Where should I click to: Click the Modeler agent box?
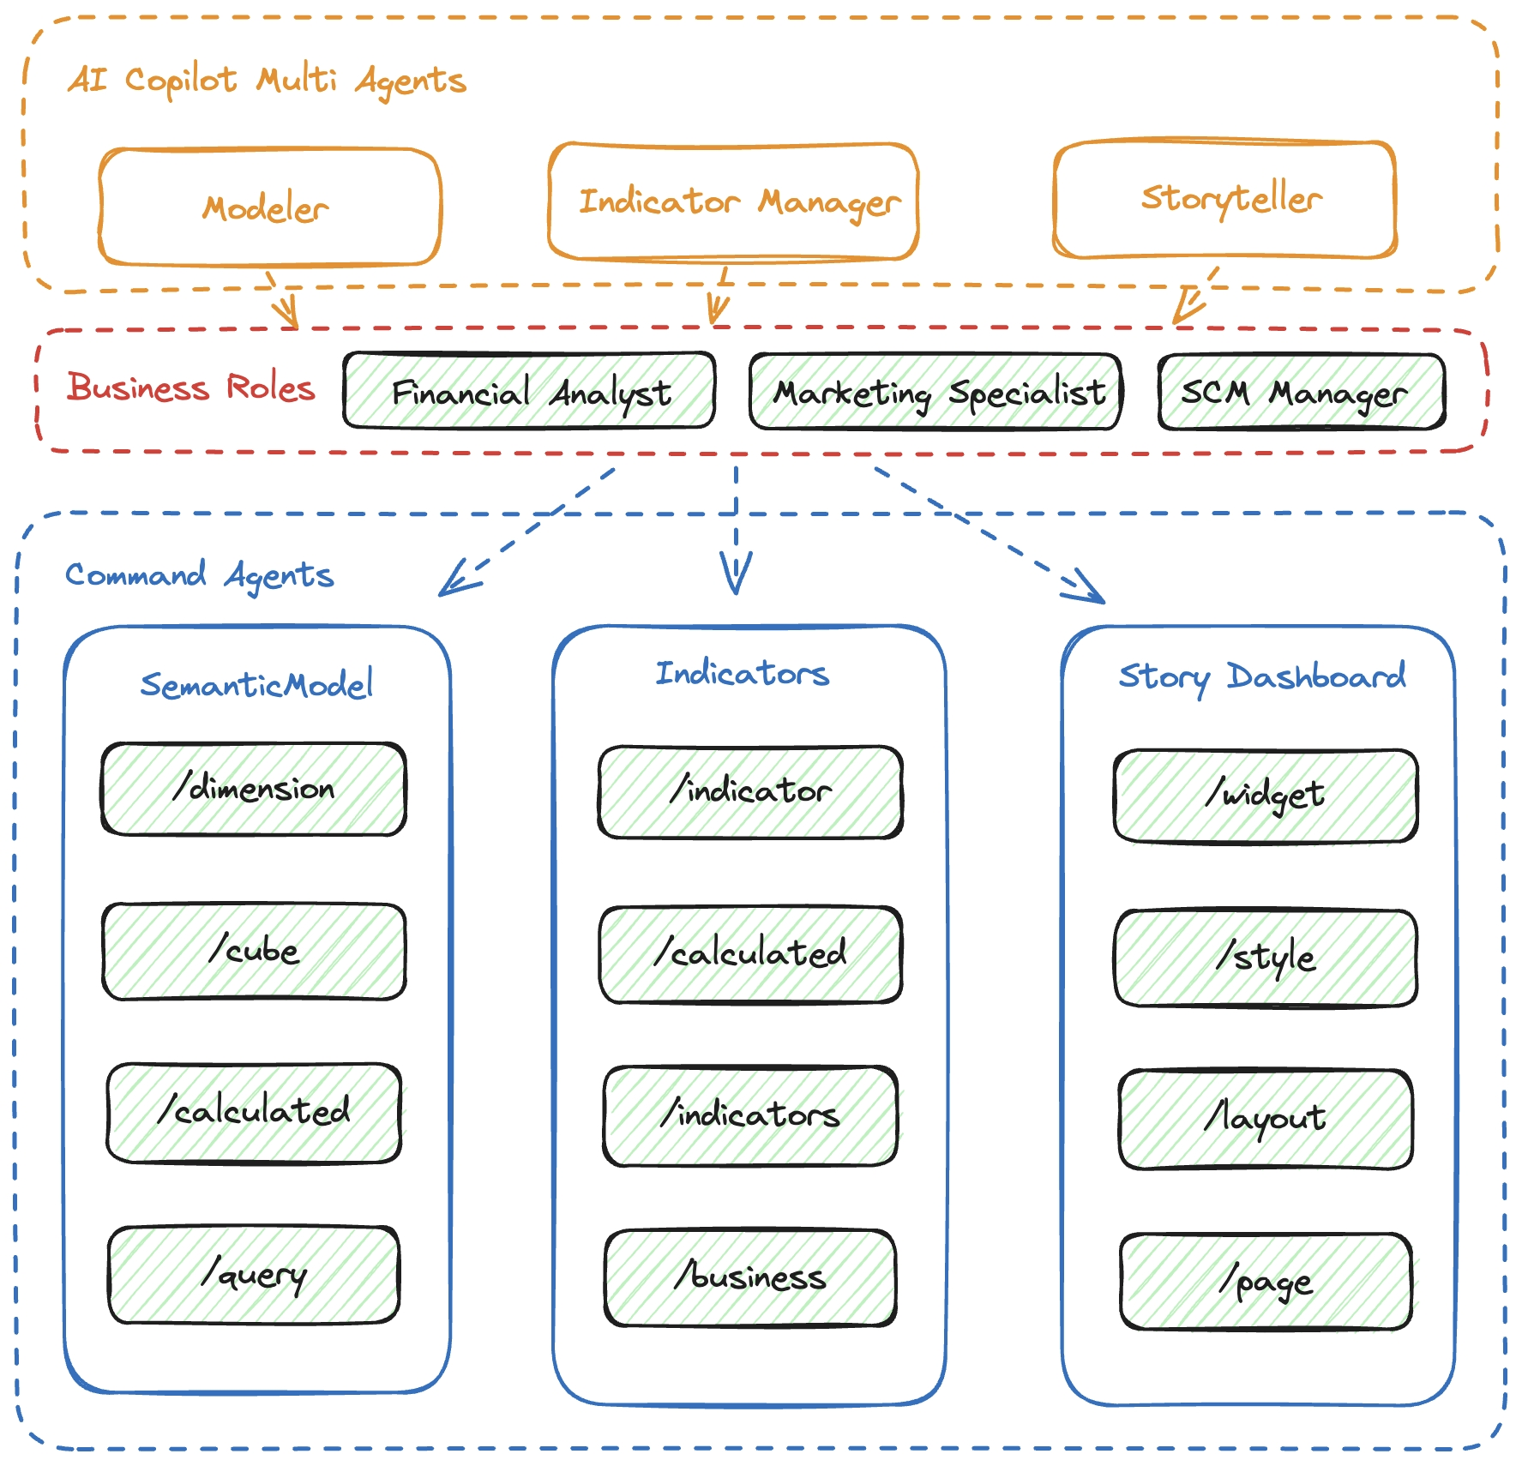(269, 207)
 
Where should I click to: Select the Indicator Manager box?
(733, 201)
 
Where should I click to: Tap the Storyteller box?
(1225, 199)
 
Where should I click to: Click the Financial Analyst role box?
(529, 391)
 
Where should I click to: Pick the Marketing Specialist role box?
(935, 392)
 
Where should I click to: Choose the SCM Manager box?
(1301, 392)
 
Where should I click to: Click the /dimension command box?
(254, 789)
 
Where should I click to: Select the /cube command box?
(254, 951)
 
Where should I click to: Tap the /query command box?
(254, 1275)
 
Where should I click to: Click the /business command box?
(750, 1277)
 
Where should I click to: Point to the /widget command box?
(1266, 796)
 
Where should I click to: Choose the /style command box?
(1266, 958)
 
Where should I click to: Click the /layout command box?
(1266, 1119)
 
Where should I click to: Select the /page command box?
(1266, 1282)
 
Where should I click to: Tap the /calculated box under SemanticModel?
(254, 1113)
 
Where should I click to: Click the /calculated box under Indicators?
(750, 954)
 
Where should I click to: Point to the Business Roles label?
(191, 388)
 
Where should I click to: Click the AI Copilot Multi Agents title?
(267, 81)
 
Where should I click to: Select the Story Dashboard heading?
(1261, 676)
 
